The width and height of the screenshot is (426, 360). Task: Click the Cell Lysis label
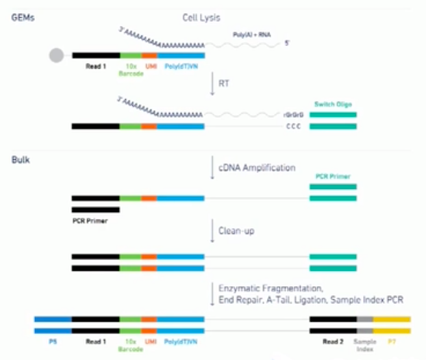(x=203, y=16)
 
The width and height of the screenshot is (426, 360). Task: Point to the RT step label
(x=225, y=83)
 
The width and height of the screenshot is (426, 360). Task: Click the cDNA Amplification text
(x=257, y=168)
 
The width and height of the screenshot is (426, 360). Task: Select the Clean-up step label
(x=236, y=231)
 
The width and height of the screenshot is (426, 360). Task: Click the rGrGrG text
(x=293, y=115)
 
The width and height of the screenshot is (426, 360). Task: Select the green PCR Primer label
(x=332, y=176)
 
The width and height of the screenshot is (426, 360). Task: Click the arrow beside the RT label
(x=213, y=83)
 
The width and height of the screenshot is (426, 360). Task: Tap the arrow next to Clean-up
(x=213, y=231)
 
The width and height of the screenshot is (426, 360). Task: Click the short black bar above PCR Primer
(x=95, y=209)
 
